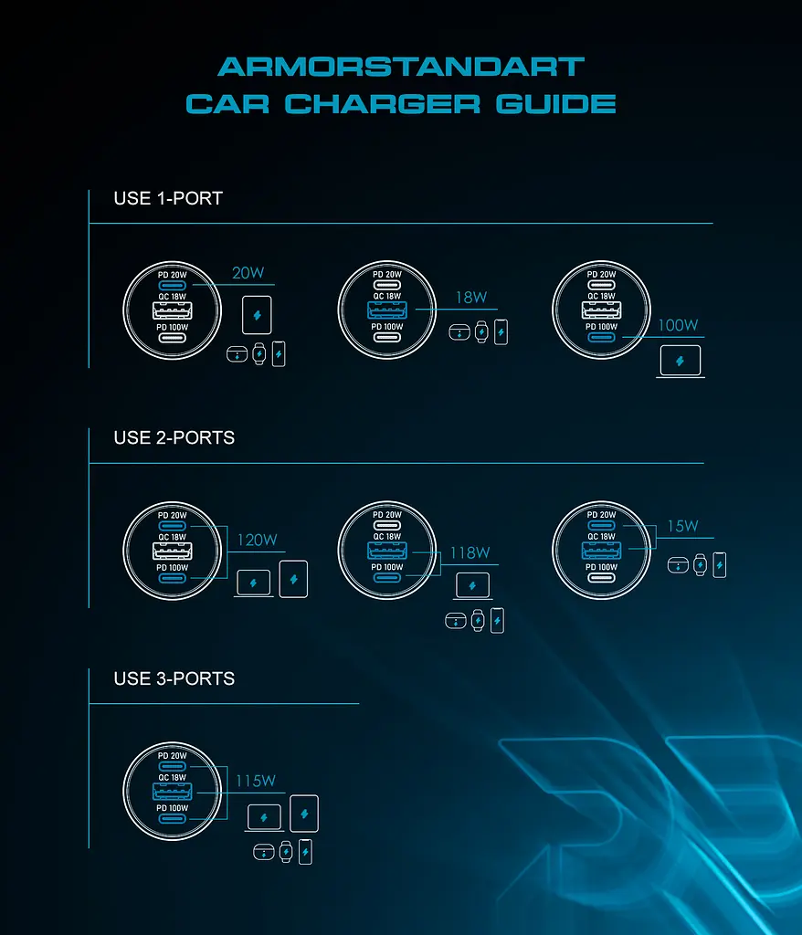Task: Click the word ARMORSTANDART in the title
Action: pos(401,67)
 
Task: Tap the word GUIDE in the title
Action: pos(555,104)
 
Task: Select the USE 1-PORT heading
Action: pos(168,198)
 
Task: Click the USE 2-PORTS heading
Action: pos(174,437)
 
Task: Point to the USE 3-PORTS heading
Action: pos(174,678)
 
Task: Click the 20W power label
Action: pos(248,272)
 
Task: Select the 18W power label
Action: pos(471,297)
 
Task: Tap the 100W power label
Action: pos(678,325)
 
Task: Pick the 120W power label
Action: pos(258,540)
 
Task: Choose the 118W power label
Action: pos(470,552)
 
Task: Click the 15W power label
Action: pos(682,526)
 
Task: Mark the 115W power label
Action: pos(256,781)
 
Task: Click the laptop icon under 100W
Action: pos(681,362)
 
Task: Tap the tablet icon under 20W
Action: pos(258,315)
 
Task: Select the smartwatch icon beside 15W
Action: pos(700,564)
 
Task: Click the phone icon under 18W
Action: pos(501,332)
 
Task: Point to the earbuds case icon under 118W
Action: pos(456,621)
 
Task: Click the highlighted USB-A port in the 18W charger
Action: pos(387,310)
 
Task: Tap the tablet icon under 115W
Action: pos(304,814)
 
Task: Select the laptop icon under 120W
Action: pos(254,583)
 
